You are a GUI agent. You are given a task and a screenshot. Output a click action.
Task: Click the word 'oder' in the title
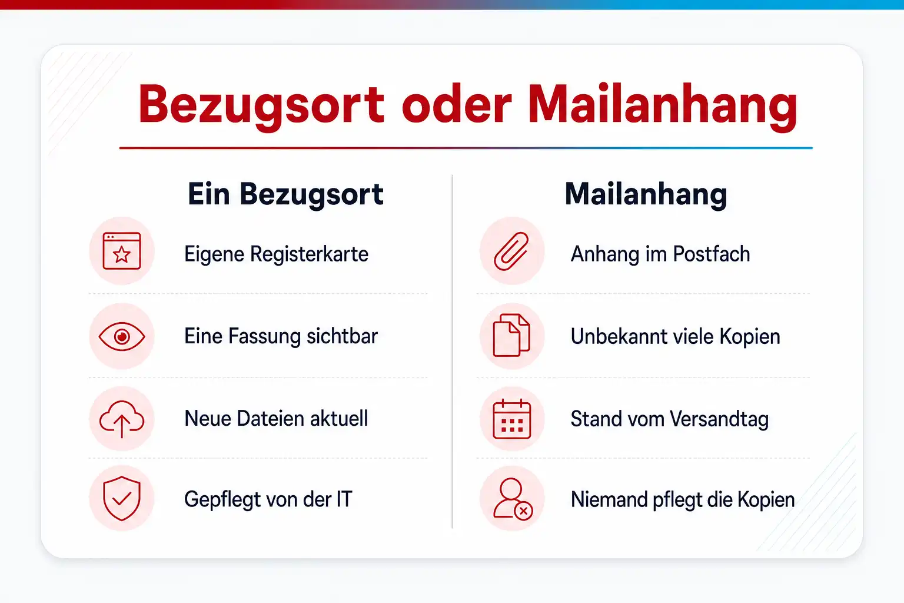tap(457, 104)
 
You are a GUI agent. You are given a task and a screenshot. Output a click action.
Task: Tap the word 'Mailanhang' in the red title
tap(663, 107)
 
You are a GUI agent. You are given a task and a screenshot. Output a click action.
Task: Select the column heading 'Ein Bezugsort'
tap(285, 196)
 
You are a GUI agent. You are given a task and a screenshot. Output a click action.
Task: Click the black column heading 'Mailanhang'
tap(646, 196)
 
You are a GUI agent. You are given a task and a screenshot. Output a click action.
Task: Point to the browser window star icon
tap(122, 251)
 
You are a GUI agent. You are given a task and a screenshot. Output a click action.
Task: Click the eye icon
tap(122, 336)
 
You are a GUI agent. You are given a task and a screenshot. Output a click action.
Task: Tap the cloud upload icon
tap(122, 419)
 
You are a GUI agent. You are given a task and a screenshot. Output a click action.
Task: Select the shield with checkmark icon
tap(122, 498)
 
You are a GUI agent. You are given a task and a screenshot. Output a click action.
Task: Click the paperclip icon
tap(511, 251)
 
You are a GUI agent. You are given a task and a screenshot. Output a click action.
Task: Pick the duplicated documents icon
tap(511, 335)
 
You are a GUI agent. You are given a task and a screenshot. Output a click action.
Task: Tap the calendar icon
tap(511, 419)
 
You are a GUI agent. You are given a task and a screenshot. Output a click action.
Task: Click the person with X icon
tap(513, 499)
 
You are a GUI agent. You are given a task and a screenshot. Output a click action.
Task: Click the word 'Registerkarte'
tap(309, 255)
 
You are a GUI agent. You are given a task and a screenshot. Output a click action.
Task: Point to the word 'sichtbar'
tap(342, 336)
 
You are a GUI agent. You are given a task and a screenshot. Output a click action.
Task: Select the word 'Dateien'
tap(270, 419)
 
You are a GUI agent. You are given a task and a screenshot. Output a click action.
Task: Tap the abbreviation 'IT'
tap(344, 499)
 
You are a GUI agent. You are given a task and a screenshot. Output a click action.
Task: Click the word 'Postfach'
tap(712, 254)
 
